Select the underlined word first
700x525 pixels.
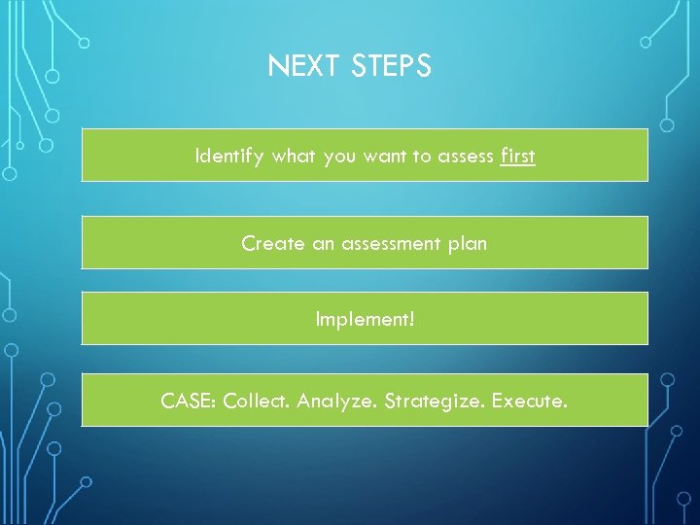click(517, 156)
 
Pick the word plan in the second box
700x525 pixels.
click(468, 244)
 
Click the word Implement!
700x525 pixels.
click(365, 319)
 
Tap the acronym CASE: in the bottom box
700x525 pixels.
click(190, 400)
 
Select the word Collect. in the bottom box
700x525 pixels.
click(257, 400)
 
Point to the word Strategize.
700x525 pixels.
click(434, 401)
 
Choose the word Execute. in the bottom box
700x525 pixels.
click(529, 400)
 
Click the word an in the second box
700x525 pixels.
click(323, 244)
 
